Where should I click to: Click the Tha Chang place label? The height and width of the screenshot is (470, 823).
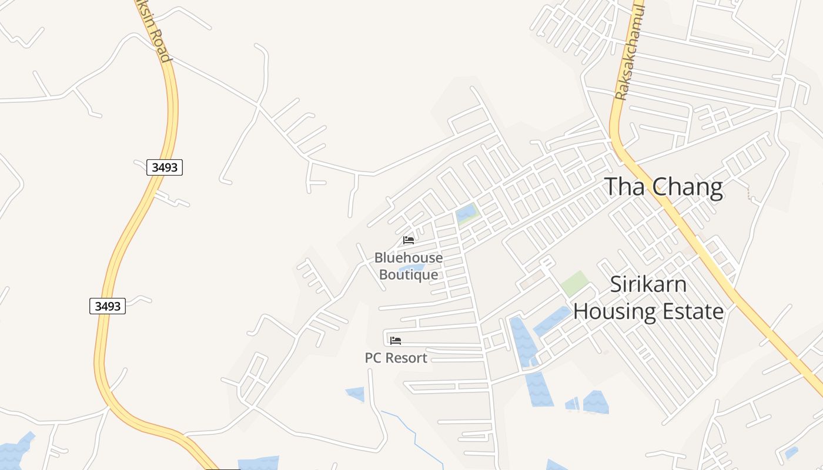coord(664,187)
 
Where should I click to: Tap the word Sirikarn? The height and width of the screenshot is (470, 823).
coord(648,284)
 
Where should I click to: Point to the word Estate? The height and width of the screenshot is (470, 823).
coord(694,311)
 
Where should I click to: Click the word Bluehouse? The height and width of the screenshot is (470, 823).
coord(409,257)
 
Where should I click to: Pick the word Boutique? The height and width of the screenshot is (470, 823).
coord(409,274)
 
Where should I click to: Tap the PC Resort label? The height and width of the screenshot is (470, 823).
coord(396,358)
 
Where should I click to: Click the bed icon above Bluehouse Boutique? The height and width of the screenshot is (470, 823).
coord(409,240)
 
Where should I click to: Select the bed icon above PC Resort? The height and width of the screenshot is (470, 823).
coord(396,340)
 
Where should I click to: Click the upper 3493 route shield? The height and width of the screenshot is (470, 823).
coord(165,167)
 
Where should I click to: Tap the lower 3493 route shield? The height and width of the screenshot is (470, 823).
coord(108,305)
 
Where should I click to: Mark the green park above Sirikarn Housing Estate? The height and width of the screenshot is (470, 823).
coord(574,284)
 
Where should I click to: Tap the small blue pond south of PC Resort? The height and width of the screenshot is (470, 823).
coord(356,394)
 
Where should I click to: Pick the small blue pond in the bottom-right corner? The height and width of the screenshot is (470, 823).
coord(791,453)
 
